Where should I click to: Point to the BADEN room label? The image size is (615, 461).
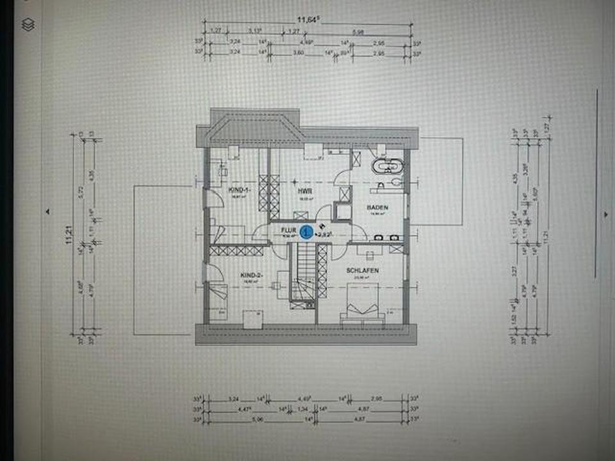click(377, 208)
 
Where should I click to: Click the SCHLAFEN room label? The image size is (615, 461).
click(363, 270)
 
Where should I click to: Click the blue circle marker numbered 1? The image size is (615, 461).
click(307, 232)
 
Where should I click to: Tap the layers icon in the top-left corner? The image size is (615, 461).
click(28, 24)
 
